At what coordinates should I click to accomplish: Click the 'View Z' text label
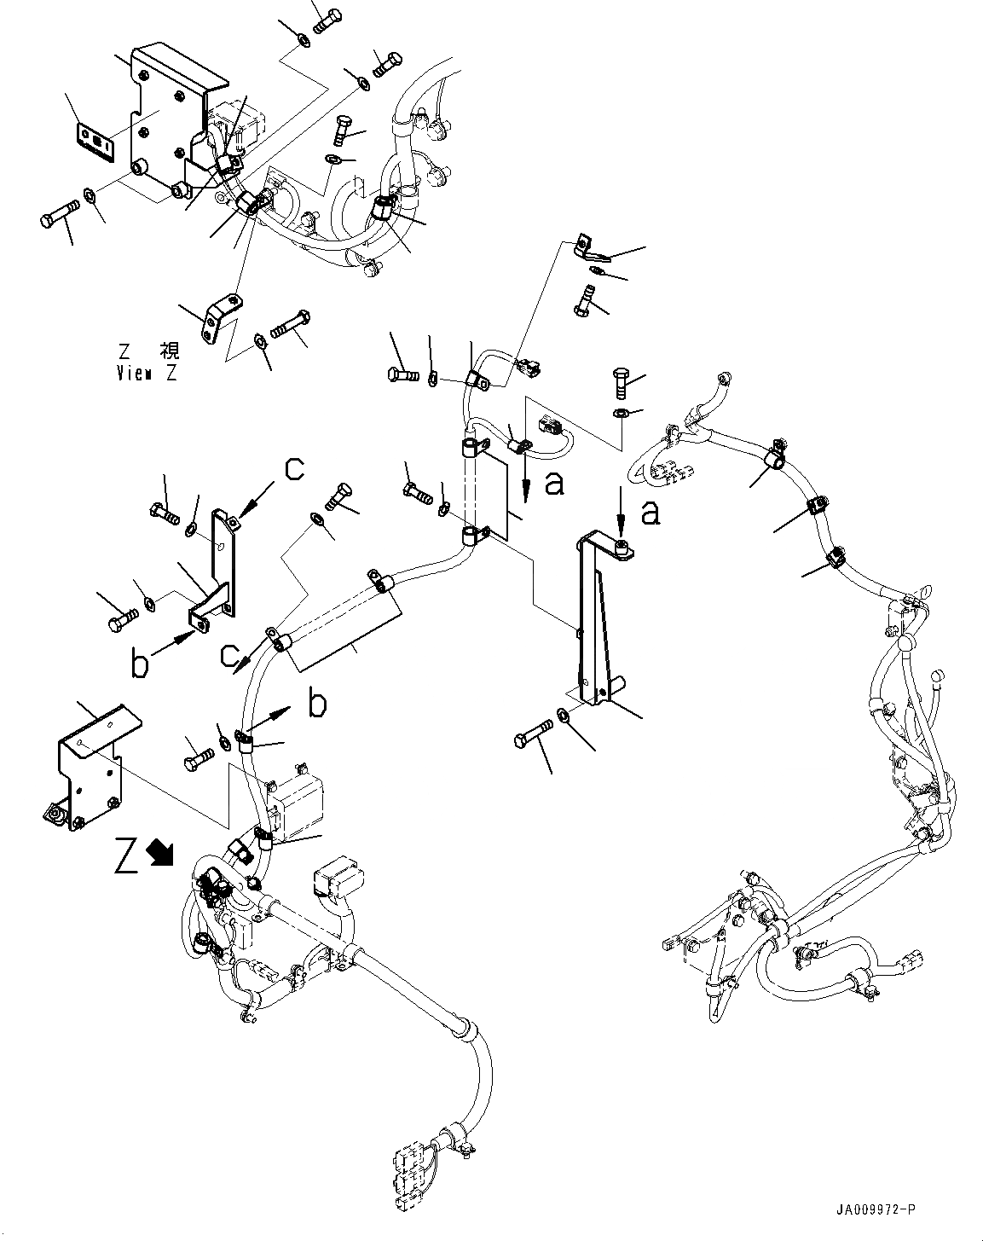[147, 373]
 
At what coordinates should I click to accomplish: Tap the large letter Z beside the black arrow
[127, 857]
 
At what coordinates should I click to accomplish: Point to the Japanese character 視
[170, 351]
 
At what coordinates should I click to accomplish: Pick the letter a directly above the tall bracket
[651, 513]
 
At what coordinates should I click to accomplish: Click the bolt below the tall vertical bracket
[534, 736]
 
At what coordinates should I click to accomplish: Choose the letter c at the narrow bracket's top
[292, 470]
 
